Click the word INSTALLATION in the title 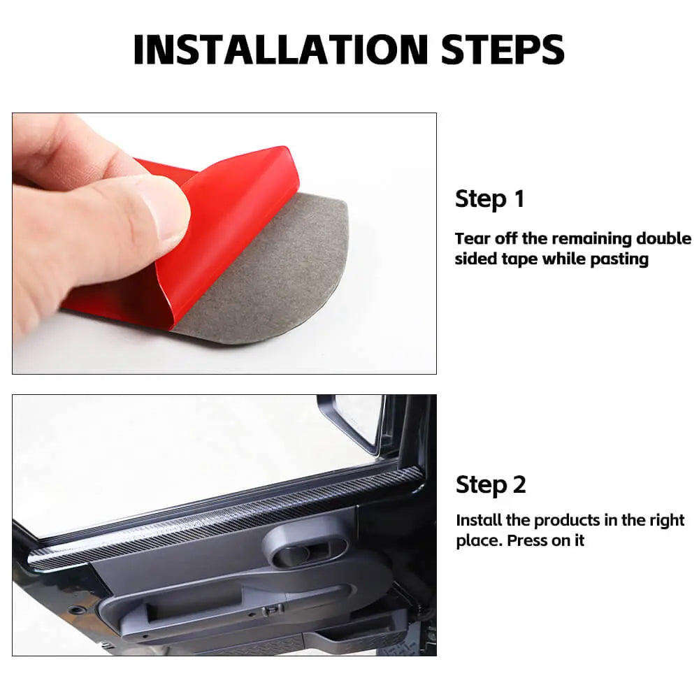coord(281,50)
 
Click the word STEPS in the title coord(503,50)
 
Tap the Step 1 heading coord(489,199)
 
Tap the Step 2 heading coord(491,484)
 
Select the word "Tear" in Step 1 coord(472,238)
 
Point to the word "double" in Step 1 coord(663,238)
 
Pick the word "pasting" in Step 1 coord(619,259)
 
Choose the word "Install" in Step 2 coord(478,520)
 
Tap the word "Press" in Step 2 coord(527,541)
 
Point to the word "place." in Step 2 coord(480,541)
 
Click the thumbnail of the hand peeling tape coord(224,243)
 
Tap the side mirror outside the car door coord(352,421)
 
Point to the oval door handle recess coord(307,546)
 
